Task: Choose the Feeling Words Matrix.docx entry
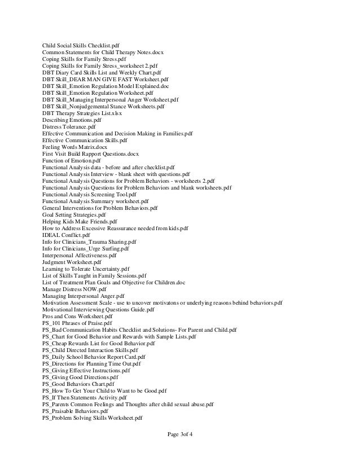click(74, 147)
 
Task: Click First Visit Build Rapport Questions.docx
click(90, 154)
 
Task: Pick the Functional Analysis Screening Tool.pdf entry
click(91, 194)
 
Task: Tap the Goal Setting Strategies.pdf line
click(74, 215)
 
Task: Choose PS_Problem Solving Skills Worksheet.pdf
click(92, 418)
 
